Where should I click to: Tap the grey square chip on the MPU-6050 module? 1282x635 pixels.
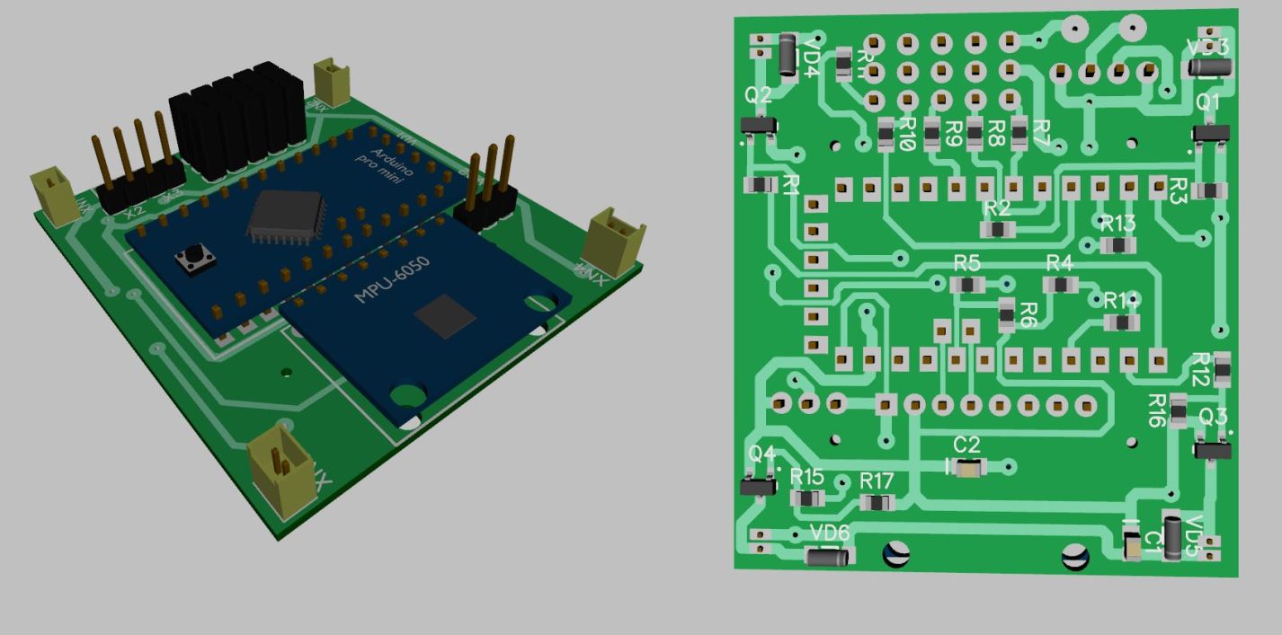click(444, 317)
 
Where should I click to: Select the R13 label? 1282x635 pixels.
click(1117, 223)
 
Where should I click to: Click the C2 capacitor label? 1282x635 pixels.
click(966, 445)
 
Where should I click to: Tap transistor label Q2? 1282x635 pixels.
click(758, 95)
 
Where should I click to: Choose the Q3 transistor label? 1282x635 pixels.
click(1213, 418)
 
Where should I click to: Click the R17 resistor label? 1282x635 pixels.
click(877, 480)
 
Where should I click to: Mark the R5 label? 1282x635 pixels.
click(966, 263)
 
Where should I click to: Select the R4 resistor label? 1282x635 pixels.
click(1059, 263)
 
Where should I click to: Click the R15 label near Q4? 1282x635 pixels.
click(806, 476)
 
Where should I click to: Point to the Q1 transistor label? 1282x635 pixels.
click(1208, 102)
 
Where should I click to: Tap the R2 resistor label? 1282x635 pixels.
click(997, 208)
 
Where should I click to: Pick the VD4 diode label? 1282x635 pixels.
click(811, 57)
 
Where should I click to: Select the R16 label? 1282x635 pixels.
click(1158, 410)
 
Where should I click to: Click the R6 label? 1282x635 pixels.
click(1028, 315)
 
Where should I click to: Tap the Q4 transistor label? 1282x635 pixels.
click(761, 454)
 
